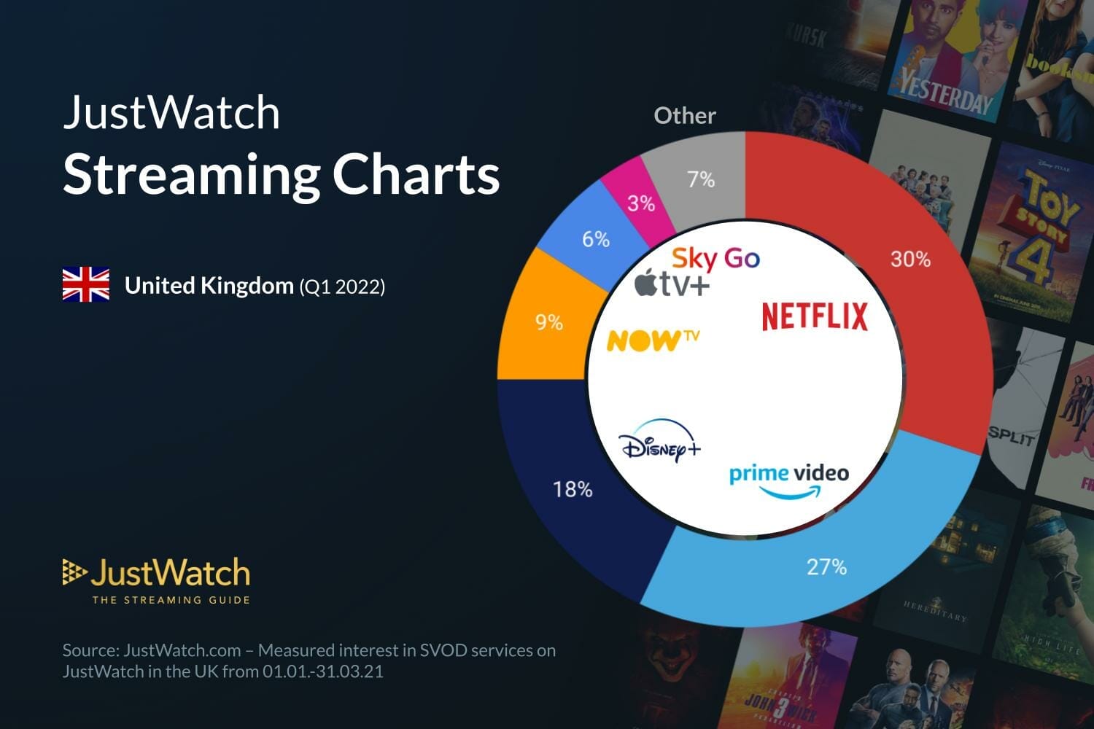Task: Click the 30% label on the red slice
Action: [x=910, y=259]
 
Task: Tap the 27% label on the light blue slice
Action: [x=826, y=566]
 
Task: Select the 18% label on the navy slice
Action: [x=573, y=489]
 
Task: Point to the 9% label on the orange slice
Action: [x=549, y=321]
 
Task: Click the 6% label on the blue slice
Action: [x=595, y=239]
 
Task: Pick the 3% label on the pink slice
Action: [x=641, y=203]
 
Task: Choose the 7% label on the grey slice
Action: [x=701, y=179]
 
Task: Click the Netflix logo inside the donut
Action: [x=815, y=316]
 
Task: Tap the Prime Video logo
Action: [x=789, y=480]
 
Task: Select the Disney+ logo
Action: [x=659, y=442]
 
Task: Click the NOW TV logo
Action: [x=653, y=340]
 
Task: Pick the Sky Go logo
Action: [x=715, y=258]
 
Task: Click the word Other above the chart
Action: [x=684, y=115]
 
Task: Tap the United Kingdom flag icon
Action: [x=86, y=285]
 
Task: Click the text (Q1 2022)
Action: [x=342, y=286]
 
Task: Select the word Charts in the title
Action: [x=416, y=175]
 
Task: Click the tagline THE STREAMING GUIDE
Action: [x=171, y=600]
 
